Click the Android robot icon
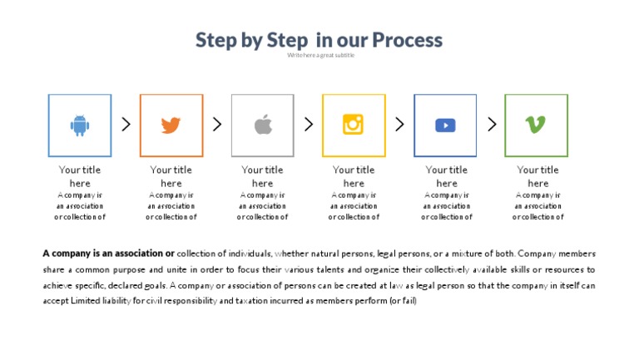tap(80, 125)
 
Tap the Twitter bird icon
tap(171, 125)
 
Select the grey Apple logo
tap(263, 125)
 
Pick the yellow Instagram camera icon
tap(354, 125)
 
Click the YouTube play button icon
tap(445, 125)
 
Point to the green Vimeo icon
tap(536, 125)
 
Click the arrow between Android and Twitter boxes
tap(126, 124)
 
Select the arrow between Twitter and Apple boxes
tap(217, 124)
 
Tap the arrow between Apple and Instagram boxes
tap(309, 124)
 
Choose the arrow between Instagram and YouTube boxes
tap(399, 124)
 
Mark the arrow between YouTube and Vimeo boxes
tap(492, 124)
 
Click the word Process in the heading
tap(407, 40)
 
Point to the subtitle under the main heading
tap(320, 56)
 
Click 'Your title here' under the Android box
tap(80, 176)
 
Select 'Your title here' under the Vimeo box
tap(537, 176)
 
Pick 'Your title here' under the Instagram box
tap(354, 176)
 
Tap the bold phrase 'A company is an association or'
tap(108, 253)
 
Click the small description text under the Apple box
tap(262, 205)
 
